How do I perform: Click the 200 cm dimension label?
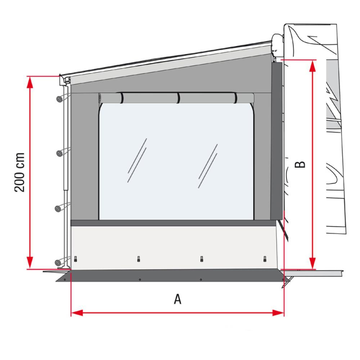tap(20, 172)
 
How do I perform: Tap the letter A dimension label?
tap(177, 299)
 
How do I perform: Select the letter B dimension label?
tap(300, 164)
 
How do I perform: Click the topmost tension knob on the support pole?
tap(59, 99)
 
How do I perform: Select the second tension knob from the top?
tap(59, 153)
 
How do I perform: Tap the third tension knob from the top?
tap(59, 208)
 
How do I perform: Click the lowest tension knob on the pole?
tap(59, 262)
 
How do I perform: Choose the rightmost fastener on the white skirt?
tap(265, 258)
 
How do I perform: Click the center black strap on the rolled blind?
tap(178, 98)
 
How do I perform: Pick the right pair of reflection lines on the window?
tap(208, 166)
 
